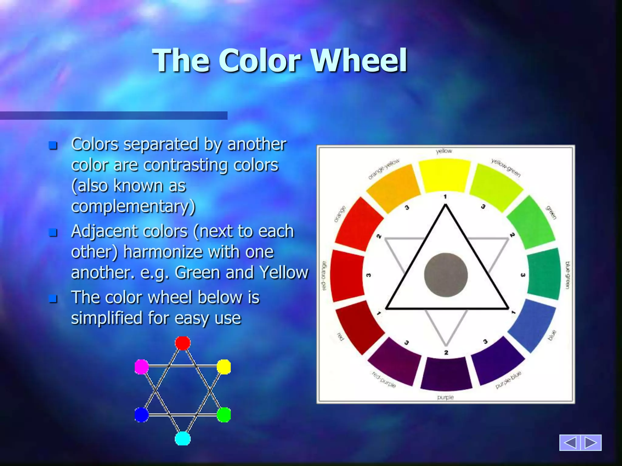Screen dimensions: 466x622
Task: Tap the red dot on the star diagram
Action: [x=183, y=343]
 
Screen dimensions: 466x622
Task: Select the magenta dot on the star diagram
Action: [x=142, y=367]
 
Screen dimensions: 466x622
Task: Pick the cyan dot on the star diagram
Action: [x=183, y=439]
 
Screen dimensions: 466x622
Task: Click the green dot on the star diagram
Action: [x=224, y=415]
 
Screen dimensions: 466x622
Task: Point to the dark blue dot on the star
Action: [x=142, y=415]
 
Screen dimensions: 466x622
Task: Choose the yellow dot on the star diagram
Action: [x=224, y=367]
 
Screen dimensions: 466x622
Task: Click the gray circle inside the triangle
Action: [x=446, y=275]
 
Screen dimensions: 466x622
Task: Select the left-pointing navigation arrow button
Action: [x=570, y=442]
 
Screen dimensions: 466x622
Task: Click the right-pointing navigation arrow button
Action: [x=591, y=442]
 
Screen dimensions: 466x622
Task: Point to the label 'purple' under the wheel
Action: [x=445, y=397]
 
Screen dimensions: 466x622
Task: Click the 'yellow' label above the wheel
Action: [x=444, y=151]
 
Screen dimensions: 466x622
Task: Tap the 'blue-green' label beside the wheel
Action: [x=567, y=275]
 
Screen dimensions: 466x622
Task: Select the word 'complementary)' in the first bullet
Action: [x=133, y=207]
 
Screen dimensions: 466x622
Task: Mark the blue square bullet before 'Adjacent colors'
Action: [x=53, y=232]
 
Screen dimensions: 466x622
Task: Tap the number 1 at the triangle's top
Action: [x=445, y=197]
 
